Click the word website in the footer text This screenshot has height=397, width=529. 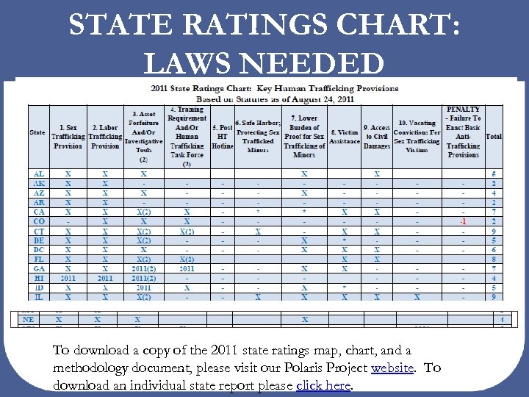click(x=393, y=368)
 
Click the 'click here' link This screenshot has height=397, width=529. click(x=323, y=385)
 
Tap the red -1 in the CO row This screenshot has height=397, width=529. click(x=463, y=221)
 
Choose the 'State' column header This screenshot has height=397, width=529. click(x=37, y=133)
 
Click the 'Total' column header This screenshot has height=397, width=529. click(x=494, y=137)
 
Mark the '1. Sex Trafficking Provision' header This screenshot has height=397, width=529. click(x=68, y=137)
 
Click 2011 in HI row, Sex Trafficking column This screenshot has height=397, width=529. click(x=68, y=279)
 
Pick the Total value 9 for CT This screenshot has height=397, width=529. click(x=494, y=231)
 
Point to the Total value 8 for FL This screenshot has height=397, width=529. click(x=494, y=260)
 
